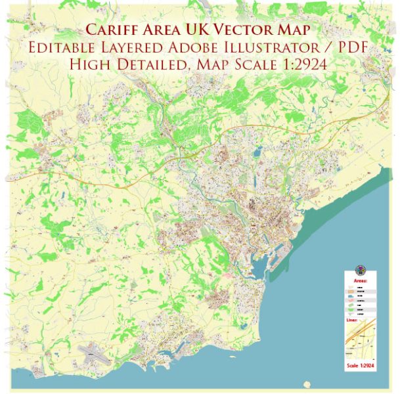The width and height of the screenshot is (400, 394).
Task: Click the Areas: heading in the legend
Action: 361,280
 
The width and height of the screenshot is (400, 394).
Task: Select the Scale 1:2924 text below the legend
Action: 361,365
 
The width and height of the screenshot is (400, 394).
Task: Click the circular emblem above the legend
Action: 361,271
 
